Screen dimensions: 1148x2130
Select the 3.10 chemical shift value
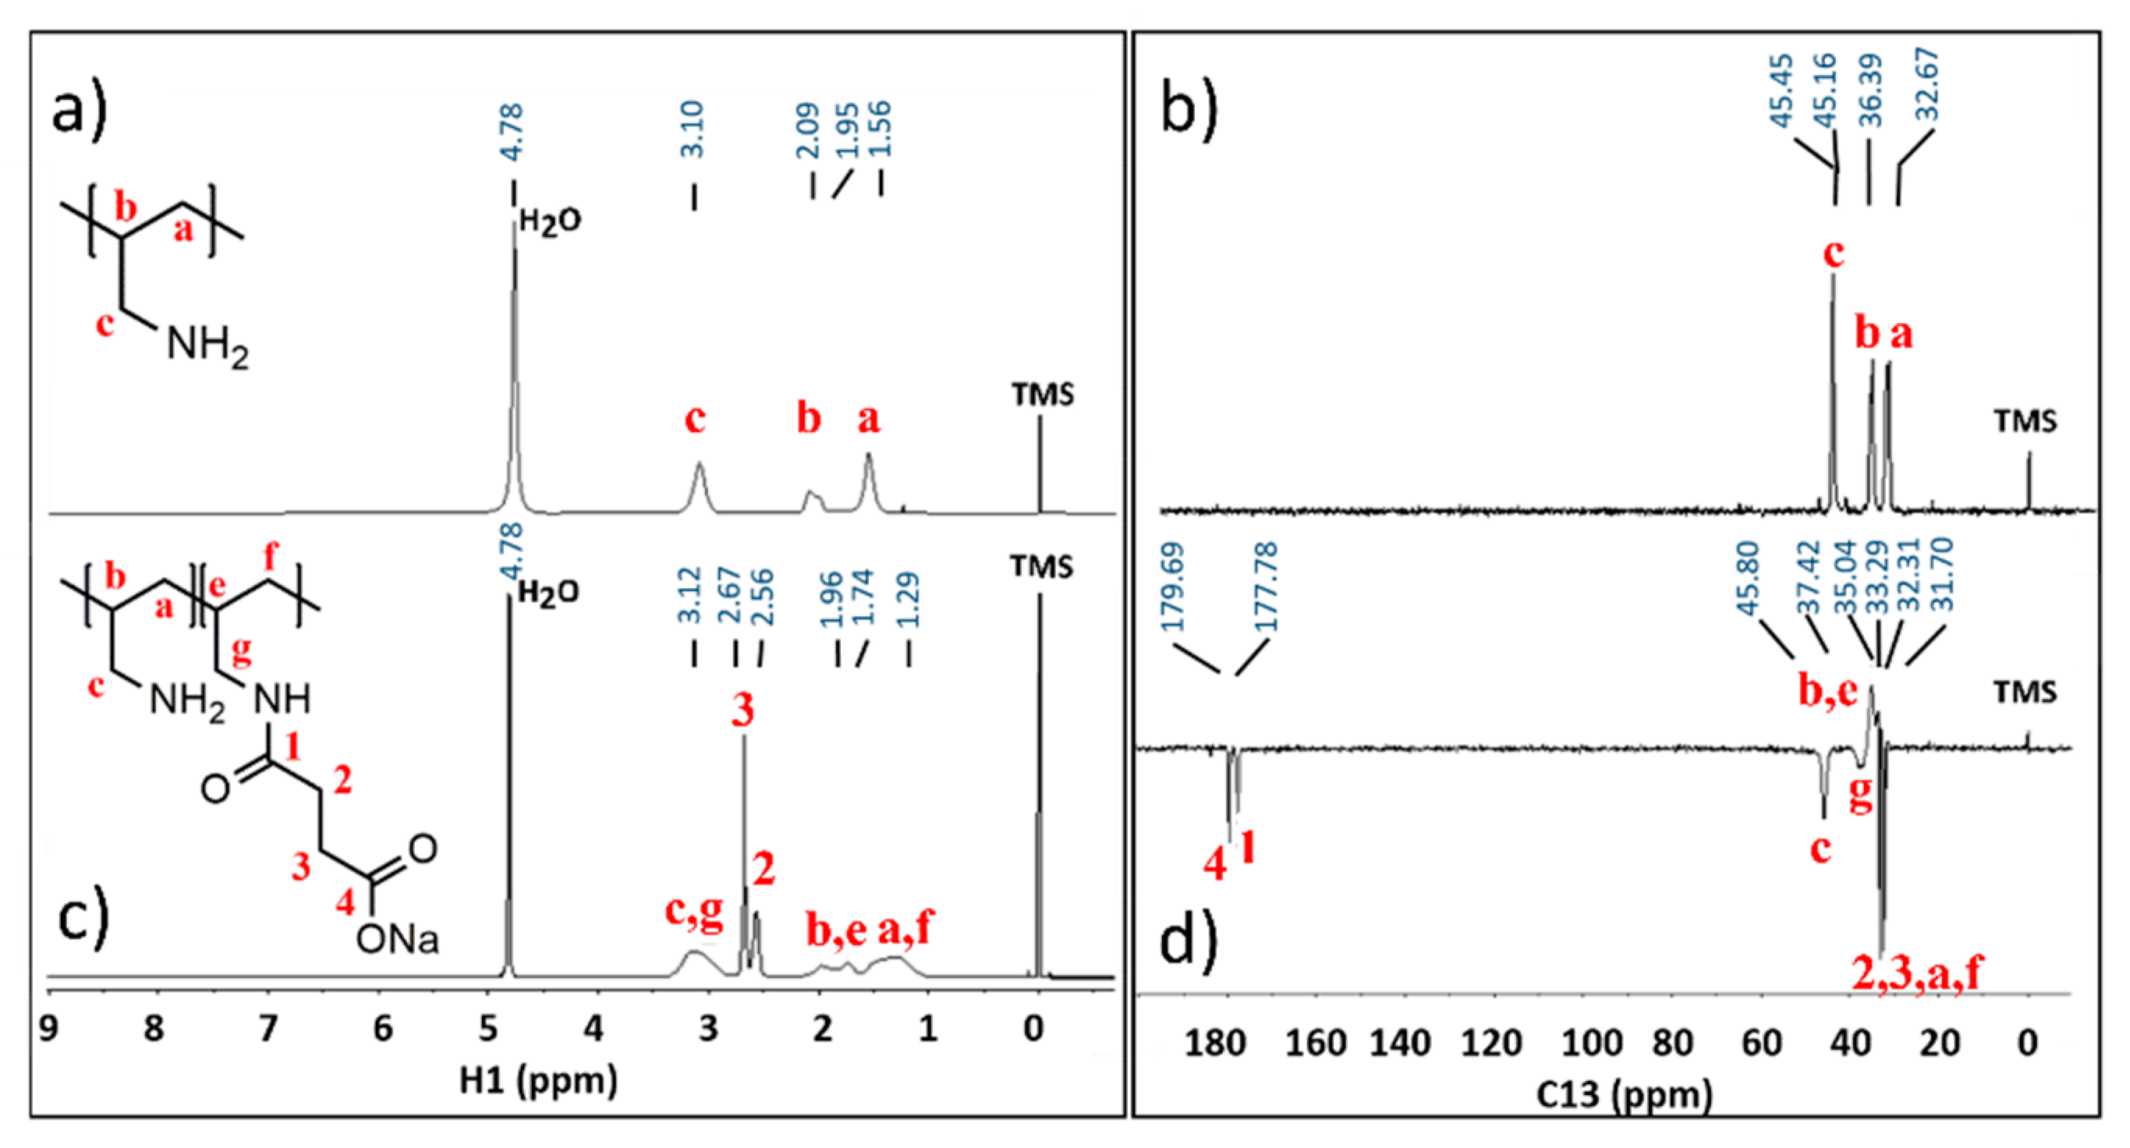pos(693,130)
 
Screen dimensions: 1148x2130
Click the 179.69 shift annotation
pos(1172,586)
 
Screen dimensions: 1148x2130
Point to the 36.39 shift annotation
pos(1870,91)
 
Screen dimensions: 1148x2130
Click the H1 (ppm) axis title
pos(538,1081)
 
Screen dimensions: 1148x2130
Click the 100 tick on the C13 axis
pos(1591,1043)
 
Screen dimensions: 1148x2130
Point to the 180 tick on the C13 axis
pos(1214,1043)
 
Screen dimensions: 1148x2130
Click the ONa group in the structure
pos(397,940)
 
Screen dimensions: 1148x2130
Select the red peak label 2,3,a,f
pos(1916,973)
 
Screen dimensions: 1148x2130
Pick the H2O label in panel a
pos(550,221)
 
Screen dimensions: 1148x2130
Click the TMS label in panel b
pos(2025,421)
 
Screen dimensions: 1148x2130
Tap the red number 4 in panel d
pos(1214,865)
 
